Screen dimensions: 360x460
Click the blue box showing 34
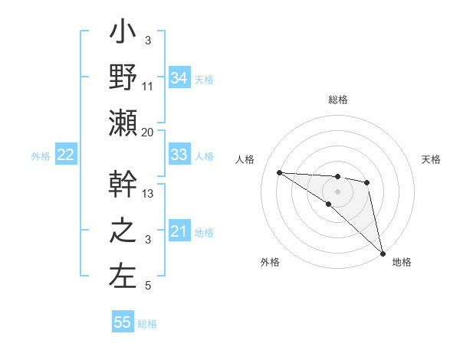click(x=179, y=77)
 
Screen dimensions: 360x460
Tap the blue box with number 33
click(x=179, y=155)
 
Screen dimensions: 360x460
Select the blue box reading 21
click(x=179, y=231)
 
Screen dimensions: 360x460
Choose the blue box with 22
click(x=66, y=155)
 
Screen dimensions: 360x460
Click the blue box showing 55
click(x=123, y=322)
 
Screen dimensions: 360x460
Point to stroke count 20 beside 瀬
click(x=148, y=132)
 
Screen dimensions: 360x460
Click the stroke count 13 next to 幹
click(x=148, y=194)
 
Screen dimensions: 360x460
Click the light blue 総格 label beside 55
click(x=147, y=323)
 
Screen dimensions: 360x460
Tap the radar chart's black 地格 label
click(x=402, y=262)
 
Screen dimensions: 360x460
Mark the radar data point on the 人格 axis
click(x=279, y=172)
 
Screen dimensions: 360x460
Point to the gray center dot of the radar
click(x=337, y=191)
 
